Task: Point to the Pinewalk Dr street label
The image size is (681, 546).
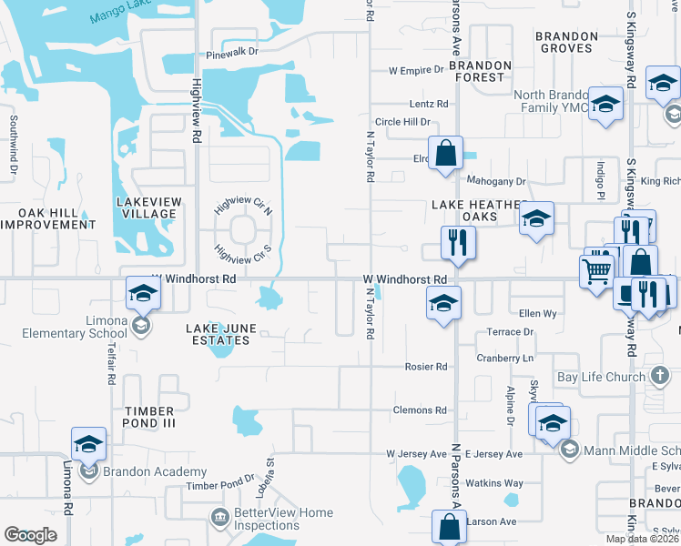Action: click(232, 52)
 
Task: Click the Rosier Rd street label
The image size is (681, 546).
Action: click(427, 367)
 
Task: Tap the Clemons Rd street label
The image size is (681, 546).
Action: click(420, 410)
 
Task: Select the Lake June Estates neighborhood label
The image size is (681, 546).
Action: click(218, 334)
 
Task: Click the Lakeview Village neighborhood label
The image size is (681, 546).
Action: click(149, 207)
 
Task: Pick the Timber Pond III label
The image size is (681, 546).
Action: click(149, 418)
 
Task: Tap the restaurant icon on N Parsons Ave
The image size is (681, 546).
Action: click(458, 243)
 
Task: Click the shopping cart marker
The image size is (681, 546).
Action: click(596, 270)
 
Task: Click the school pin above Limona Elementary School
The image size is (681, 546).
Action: click(143, 294)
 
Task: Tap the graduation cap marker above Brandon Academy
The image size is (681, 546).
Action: click(88, 444)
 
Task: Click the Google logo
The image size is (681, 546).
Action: click(30, 535)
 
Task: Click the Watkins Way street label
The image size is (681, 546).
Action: click(495, 483)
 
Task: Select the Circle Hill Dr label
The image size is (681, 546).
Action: click(402, 122)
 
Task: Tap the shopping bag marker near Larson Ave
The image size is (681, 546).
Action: click(450, 526)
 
